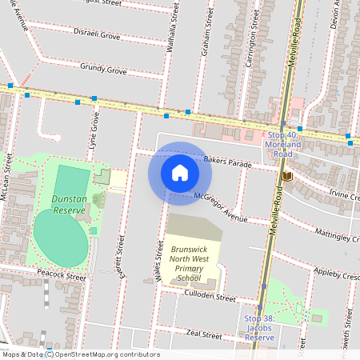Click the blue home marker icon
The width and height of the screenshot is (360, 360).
(x=180, y=173)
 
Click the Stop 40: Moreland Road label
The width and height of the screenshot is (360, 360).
(x=283, y=144)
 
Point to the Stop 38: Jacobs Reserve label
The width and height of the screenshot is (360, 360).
(x=261, y=328)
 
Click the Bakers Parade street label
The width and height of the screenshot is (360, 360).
(x=227, y=162)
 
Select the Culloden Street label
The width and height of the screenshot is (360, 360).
(x=210, y=297)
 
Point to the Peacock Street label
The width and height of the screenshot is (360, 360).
(x=61, y=276)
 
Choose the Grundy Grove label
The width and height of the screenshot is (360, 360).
(x=104, y=71)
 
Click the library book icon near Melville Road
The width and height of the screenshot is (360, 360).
(x=286, y=175)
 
